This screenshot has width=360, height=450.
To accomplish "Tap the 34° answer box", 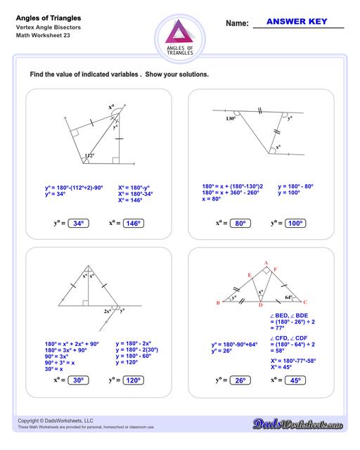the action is (x=77, y=224).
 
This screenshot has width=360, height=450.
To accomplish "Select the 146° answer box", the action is (x=133, y=224).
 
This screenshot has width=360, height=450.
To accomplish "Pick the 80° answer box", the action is (x=239, y=224).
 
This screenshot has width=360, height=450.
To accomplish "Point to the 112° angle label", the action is (x=89, y=155).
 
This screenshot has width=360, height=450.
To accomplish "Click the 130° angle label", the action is (x=230, y=118).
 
